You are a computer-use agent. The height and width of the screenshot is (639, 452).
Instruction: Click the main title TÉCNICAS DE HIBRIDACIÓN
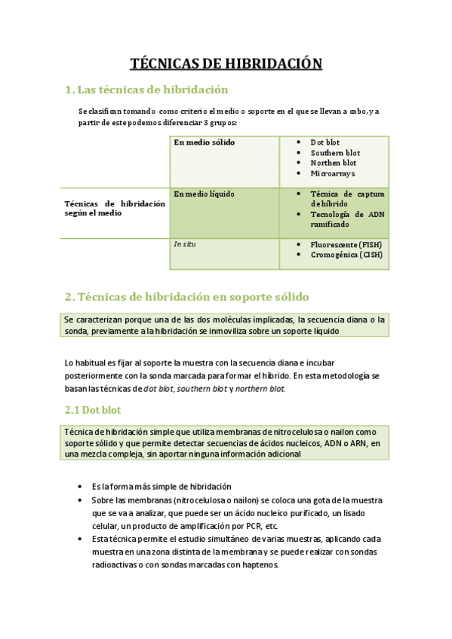(x=226, y=64)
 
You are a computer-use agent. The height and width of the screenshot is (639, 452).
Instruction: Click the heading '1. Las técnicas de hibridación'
(x=146, y=90)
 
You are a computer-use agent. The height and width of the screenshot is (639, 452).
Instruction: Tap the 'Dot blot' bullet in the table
(x=325, y=142)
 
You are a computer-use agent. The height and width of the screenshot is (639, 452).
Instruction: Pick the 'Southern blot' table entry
(x=335, y=153)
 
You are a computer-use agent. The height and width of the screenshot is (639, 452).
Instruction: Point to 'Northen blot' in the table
(x=334, y=163)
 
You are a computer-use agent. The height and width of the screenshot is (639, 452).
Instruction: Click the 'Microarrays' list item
(x=333, y=173)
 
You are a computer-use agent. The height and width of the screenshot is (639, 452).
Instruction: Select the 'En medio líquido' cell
(x=204, y=194)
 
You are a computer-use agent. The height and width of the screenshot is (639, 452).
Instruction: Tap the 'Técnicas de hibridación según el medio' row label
(x=115, y=208)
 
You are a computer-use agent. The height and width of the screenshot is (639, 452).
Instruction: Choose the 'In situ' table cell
(x=185, y=244)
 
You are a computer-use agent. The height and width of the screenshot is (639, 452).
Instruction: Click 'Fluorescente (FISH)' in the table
(x=346, y=245)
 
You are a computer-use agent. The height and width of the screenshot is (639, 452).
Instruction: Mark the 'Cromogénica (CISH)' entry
(x=346, y=255)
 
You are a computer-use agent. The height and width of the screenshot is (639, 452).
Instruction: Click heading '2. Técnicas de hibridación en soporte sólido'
(x=187, y=296)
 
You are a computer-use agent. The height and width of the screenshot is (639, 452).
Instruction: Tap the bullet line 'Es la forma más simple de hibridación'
(x=161, y=487)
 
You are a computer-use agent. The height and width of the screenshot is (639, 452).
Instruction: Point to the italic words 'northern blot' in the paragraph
(x=260, y=389)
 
